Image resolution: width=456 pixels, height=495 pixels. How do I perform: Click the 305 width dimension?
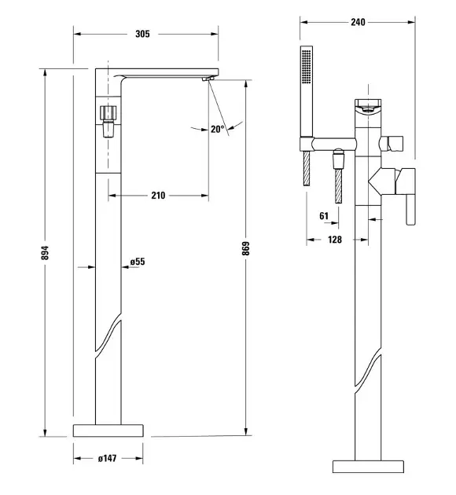[142, 34]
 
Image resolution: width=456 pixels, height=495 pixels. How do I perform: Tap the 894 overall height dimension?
[45, 252]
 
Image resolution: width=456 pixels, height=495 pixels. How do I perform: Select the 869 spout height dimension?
[246, 248]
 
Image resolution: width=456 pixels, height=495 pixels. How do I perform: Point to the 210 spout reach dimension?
[158, 196]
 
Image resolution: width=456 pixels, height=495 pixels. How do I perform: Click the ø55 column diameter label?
[138, 262]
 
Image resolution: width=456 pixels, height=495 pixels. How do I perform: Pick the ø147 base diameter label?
[107, 458]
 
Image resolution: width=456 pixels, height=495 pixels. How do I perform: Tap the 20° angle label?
[217, 129]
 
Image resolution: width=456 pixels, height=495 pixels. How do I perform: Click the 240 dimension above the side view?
[358, 22]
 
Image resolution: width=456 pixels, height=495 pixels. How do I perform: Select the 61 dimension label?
[324, 216]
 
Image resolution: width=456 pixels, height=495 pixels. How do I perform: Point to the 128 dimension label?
[335, 240]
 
